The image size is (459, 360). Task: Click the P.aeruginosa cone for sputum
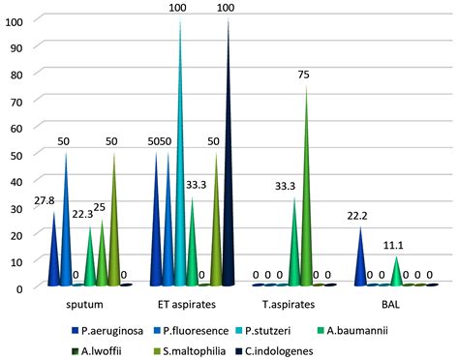point(53,261)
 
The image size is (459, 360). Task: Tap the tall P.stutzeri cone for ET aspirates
point(179,194)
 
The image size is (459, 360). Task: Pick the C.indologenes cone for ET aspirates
point(229,194)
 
